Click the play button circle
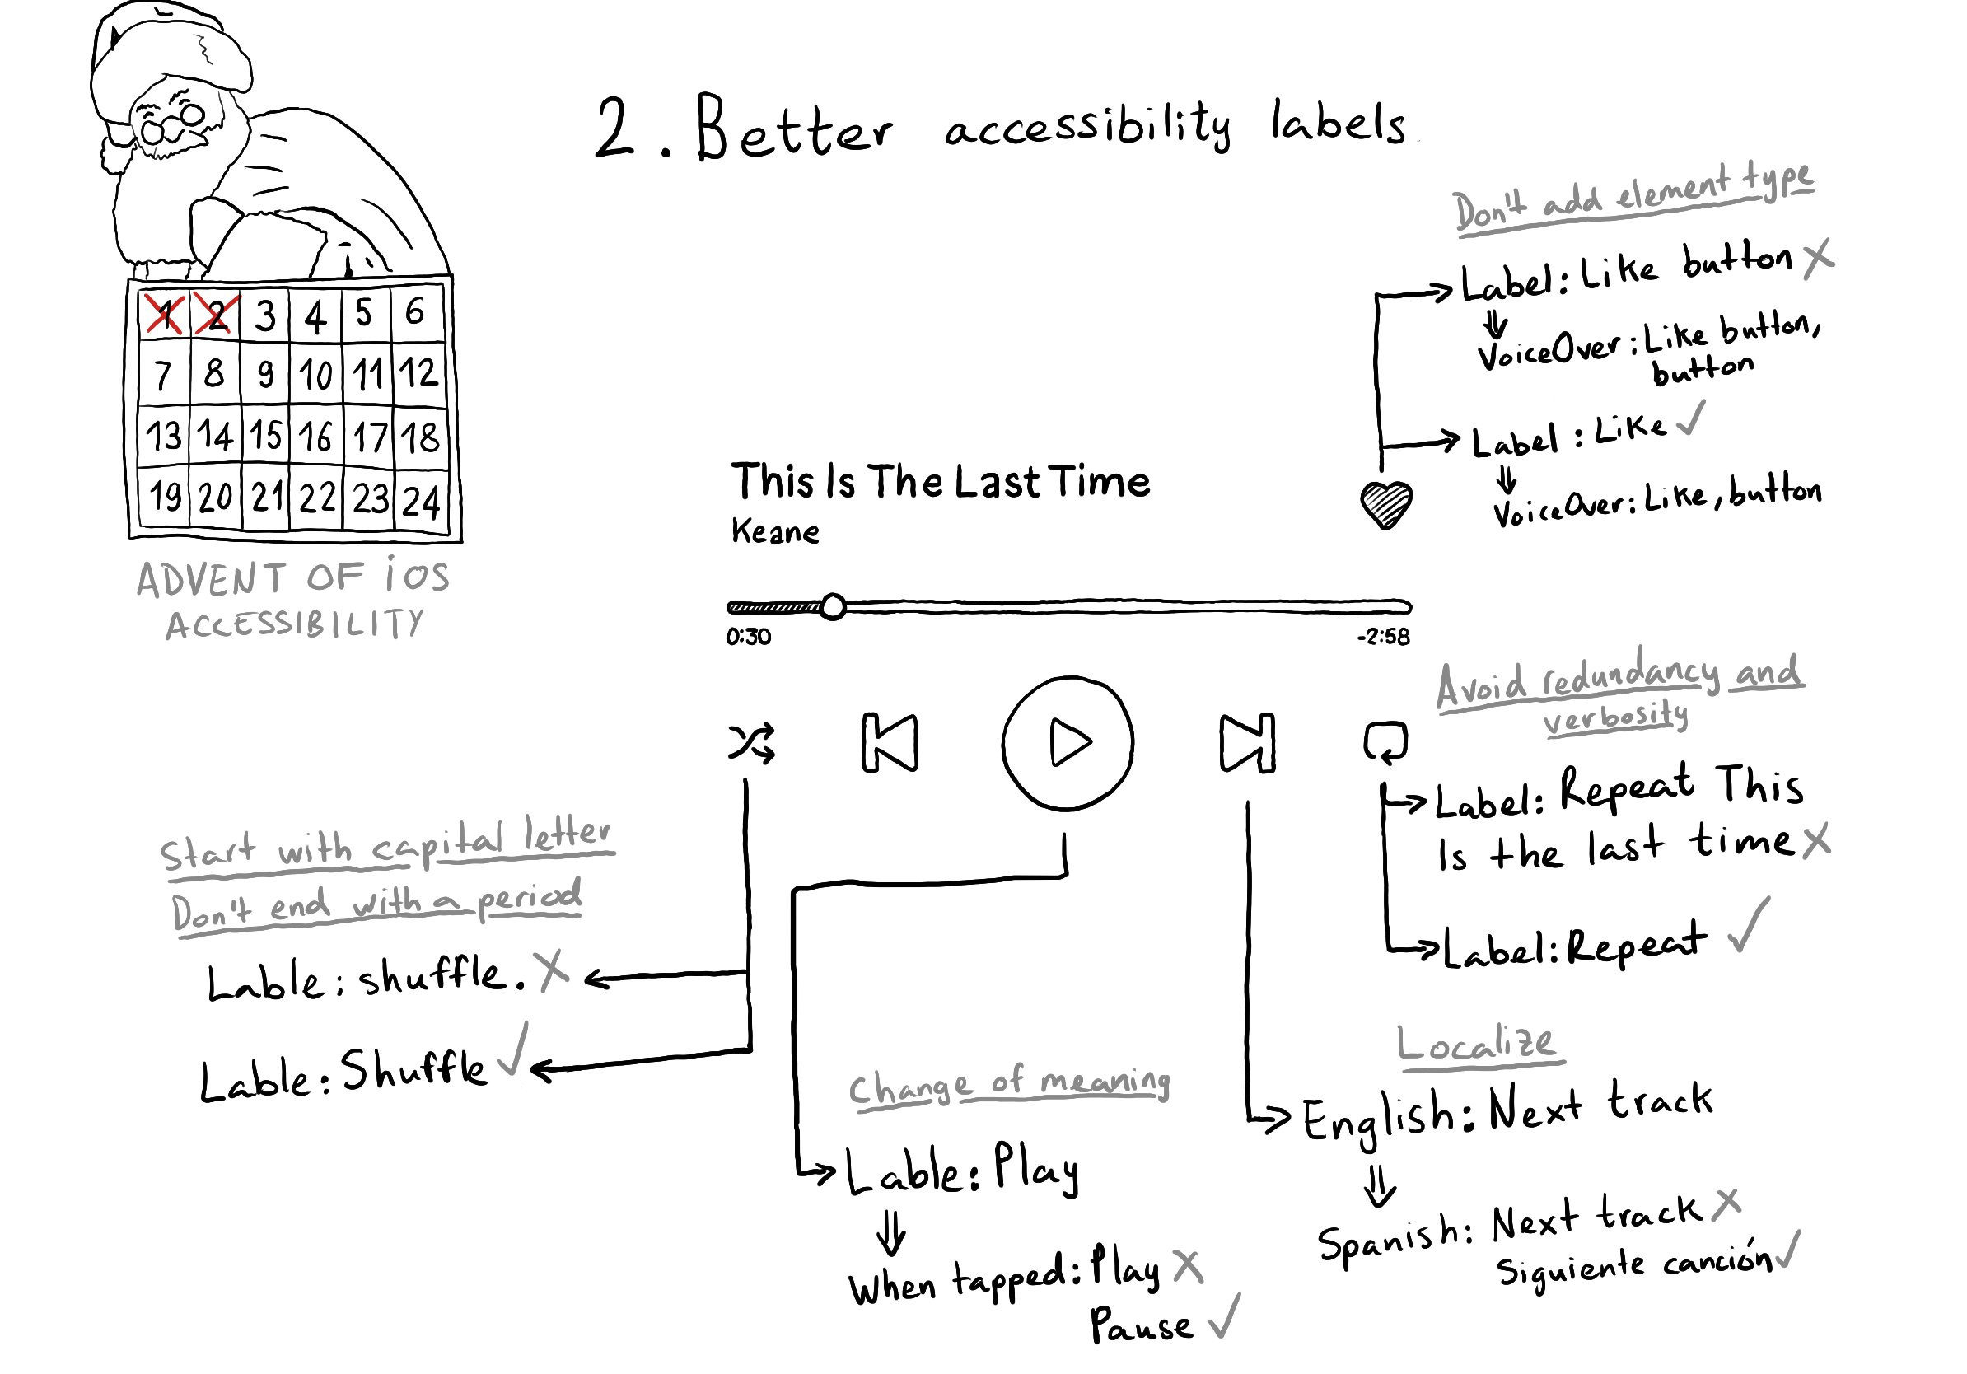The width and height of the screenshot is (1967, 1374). pos(1068,743)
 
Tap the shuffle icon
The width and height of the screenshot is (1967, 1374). pos(751,743)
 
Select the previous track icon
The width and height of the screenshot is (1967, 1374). pos(890,743)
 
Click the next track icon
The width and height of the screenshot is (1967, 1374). pos(1246,743)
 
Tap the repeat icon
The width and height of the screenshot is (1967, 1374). pos(1385,741)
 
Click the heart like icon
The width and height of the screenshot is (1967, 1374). pos(1385,505)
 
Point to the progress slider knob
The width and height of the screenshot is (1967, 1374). pos(833,607)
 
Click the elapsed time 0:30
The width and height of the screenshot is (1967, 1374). pos(748,637)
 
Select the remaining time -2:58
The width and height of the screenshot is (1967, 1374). pos(1383,637)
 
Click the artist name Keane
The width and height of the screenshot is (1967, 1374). pos(774,532)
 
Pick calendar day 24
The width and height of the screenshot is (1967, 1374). pos(421,501)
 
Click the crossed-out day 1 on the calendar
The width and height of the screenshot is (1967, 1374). pos(164,315)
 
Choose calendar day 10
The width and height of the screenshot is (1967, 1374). pos(315,374)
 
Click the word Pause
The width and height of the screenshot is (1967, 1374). pos(1140,1325)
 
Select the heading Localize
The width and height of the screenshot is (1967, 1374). pos(1475,1044)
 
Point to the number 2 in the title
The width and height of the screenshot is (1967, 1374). pos(614,129)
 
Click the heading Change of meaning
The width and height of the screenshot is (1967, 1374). pos(1008,1087)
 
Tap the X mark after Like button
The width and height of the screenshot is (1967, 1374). pos(1817,258)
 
